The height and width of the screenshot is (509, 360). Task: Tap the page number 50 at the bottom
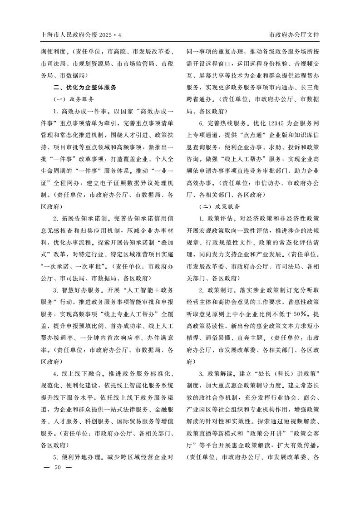57,467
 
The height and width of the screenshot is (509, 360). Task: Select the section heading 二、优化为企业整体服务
85,87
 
